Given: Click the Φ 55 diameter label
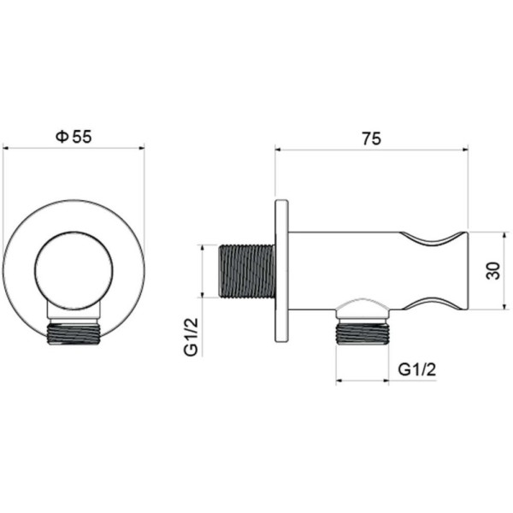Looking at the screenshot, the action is pyautogui.click(x=74, y=136).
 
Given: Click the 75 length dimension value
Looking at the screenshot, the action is pyautogui.click(x=371, y=139).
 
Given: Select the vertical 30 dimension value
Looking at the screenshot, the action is pyautogui.click(x=493, y=270).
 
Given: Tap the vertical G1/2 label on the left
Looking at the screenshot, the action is pyautogui.click(x=192, y=337).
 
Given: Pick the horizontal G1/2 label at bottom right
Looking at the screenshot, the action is pyautogui.click(x=417, y=369).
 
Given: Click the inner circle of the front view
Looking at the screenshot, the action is pyautogui.click(x=74, y=232).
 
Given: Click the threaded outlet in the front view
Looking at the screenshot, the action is pyautogui.click(x=74, y=333).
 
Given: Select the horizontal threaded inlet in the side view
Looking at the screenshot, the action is pyautogui.click(x=246, y=271).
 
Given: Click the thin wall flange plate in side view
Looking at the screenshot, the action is pyautogui.click(x=281, y=271).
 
